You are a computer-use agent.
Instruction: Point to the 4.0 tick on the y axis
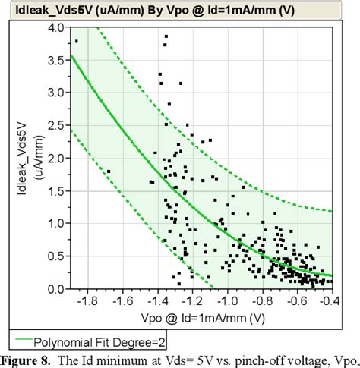(56, 27)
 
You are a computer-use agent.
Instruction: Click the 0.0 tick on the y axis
(56, 289)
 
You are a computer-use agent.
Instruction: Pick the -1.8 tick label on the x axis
(89, 300)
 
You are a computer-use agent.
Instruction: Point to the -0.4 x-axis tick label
(329, 300)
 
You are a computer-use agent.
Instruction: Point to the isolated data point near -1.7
(109, 171)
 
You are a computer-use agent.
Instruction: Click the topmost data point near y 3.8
(76, 41)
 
